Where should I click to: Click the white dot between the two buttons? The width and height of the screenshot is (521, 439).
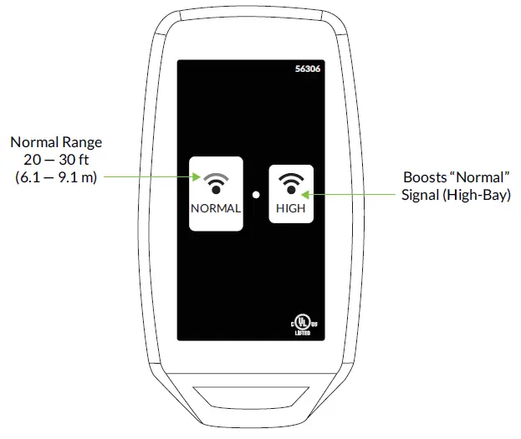[256, 194]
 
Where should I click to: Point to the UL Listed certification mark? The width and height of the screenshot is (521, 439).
[300, 324]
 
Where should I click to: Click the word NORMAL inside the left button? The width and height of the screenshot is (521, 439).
[216, 208]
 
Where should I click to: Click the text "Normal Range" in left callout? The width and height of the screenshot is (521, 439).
[56, 142]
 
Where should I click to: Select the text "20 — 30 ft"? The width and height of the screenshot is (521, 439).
[56, 160]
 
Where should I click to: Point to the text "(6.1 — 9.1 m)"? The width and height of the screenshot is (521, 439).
[56, 177]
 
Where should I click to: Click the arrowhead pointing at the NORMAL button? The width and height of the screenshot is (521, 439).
[194, 177]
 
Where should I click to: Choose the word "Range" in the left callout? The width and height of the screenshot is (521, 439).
[82, 142]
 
